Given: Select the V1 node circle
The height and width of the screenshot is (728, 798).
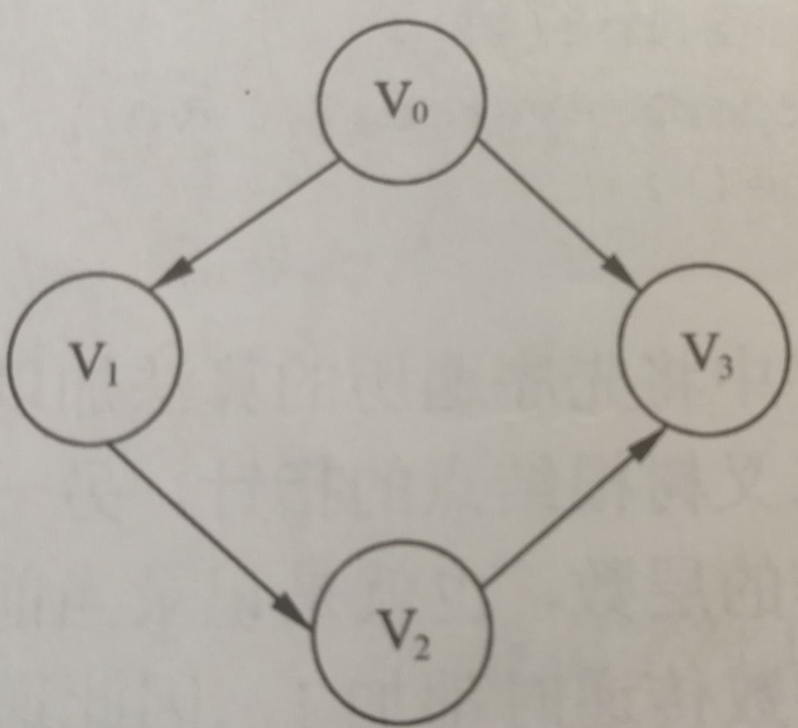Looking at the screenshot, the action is pos(94,358).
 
